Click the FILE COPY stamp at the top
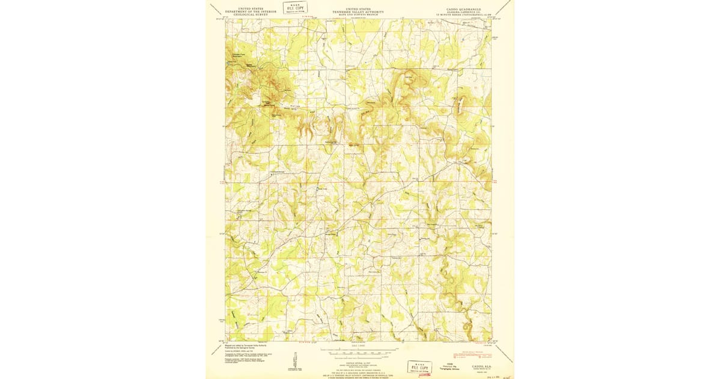(x=295, y=8)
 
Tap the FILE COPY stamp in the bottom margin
(x=419, y=366)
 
